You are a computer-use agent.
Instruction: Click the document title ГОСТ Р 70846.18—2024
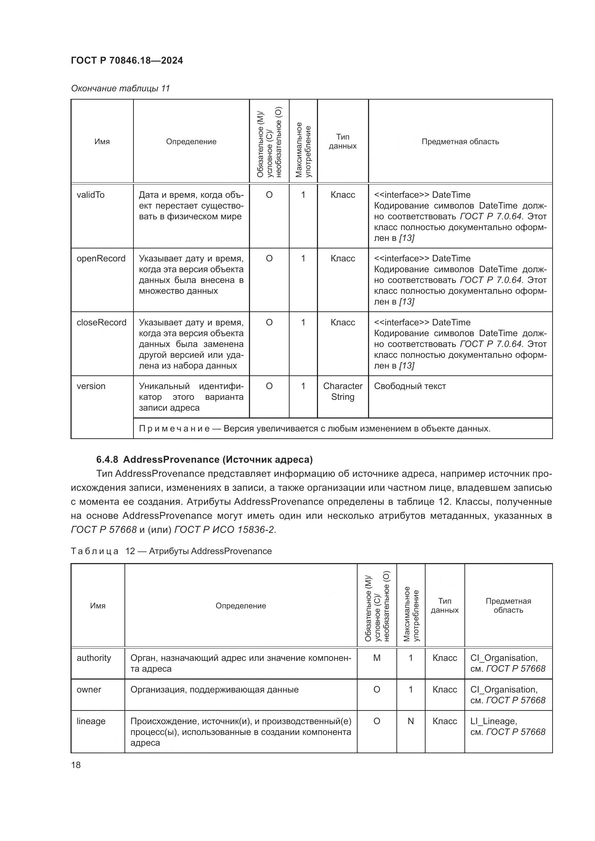click(127, 60)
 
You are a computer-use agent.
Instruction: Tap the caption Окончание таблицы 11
click(120, 88)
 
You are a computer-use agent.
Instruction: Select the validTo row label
click(91, 195)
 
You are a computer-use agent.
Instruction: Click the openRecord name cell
click(101, 259)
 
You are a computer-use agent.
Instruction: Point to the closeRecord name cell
click(101, 322)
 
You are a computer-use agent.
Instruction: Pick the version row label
click(91, 386)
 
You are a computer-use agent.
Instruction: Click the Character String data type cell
click(342, 392)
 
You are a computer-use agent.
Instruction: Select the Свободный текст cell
click(410, 386)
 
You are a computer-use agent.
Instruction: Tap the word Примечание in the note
click(174, 429)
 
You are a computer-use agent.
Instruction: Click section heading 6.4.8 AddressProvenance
click(204, 459)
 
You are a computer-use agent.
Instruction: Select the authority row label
click(94, 658)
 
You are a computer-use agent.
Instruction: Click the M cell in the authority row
click(377, 658)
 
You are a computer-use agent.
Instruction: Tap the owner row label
click(88, 689)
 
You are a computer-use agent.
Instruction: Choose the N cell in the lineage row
click(410, 721)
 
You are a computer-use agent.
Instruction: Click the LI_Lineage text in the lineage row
click(493, 721)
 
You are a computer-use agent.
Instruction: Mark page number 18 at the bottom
click(76, 765)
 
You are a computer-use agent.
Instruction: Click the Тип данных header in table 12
click(444, 605)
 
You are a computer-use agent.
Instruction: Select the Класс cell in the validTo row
click(342, 195)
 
